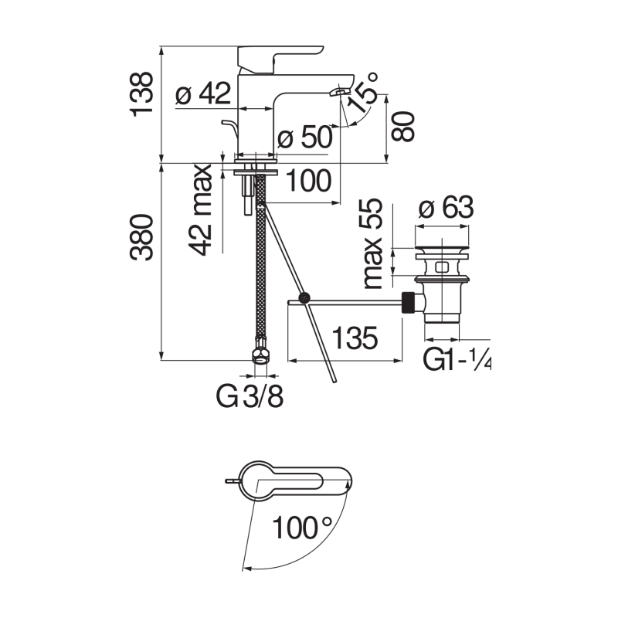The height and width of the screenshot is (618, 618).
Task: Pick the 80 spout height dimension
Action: pos(403,125)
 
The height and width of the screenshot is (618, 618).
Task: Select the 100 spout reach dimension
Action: pos(309,182)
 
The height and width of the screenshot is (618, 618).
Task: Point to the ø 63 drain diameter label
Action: pos(443,209)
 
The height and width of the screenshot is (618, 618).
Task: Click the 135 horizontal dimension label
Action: pos(356,338)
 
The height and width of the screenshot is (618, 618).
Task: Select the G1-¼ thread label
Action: pos(457,361)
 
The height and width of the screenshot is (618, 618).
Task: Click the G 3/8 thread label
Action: pos(250,397)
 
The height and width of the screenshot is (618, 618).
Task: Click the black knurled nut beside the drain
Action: pos(409,302)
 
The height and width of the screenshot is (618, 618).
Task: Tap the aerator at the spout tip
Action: pos(338,93)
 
